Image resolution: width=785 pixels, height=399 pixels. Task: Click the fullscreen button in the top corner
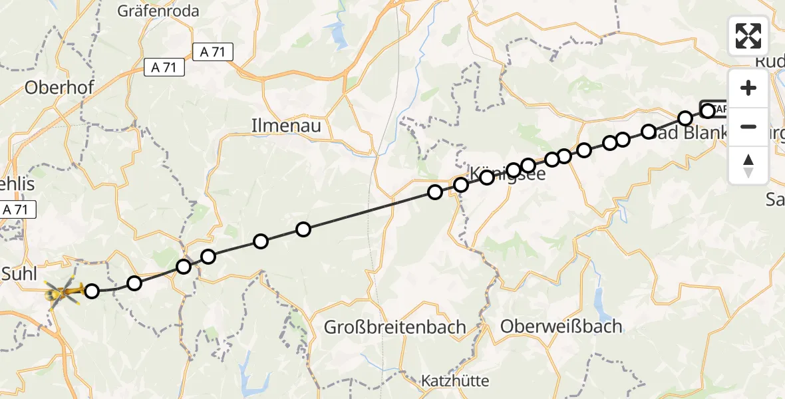(x=748, y=36)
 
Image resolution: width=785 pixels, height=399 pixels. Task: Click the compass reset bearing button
(x=748, y=165)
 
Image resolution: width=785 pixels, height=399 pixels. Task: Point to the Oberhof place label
(x=59, y=87)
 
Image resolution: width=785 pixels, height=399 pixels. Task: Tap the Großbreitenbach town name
(x=394, y=327)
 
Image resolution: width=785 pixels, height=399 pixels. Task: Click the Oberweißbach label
(x=561, y=327)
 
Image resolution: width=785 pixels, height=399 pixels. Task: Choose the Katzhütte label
(x=456, y=381)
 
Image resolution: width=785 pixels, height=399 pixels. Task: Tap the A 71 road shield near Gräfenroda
(x=212, y=52)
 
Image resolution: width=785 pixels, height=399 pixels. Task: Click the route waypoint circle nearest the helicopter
(x=92, y=291)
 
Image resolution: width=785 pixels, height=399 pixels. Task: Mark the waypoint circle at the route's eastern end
(x=708, y=110)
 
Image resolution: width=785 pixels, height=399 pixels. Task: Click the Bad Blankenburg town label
(x=692, y=133)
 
